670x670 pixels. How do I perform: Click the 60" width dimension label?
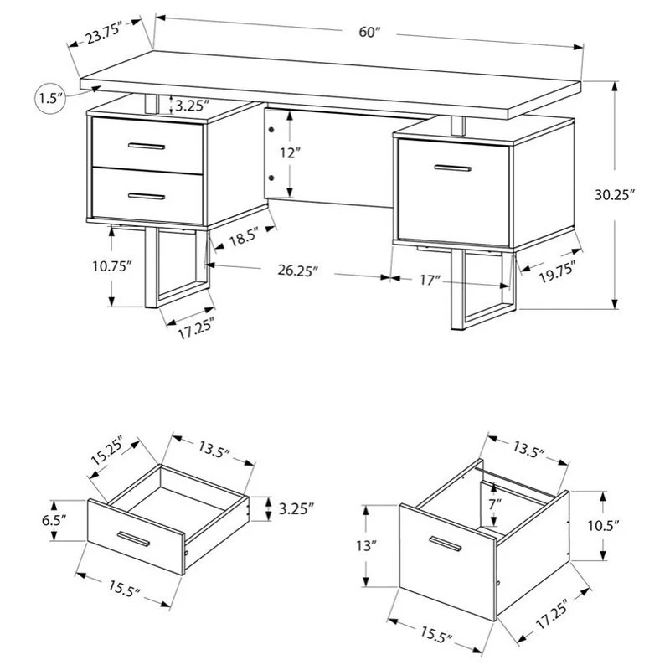[x=369, y=32]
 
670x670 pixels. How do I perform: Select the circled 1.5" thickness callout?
[x=50, y=98]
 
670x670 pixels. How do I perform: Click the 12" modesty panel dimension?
[x=290, y=154]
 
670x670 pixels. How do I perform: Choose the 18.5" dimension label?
[x=242, y=237]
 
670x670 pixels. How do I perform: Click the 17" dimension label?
[x=430, y=280]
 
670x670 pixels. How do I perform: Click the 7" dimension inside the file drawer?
[x=496, y=505]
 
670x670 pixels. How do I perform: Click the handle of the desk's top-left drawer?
[x=147, y=147]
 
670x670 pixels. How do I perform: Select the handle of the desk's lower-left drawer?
[x=147, y=196]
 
